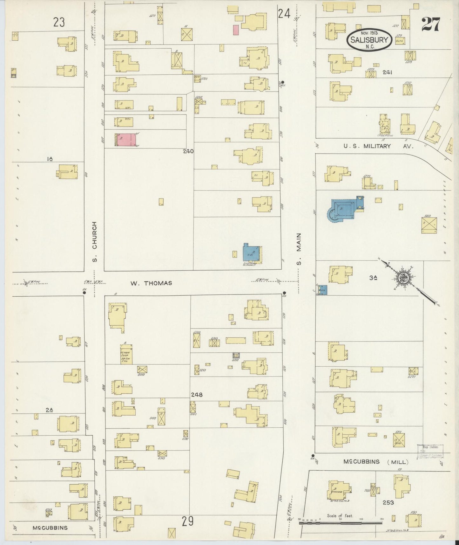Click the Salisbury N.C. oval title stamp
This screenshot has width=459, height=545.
pyautogui.click(x=369, y=40)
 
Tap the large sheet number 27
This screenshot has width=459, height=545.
pyautogui.click(x=430, y=24)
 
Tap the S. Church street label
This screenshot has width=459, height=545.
pyautogui.click(x=94, y=242)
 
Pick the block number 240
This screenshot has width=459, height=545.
pyautogui.click(x=188, y=151)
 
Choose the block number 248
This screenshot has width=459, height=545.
pyautogui.click(x=197, y=395)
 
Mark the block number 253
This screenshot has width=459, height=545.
pyautogui.click(x=388, y=503)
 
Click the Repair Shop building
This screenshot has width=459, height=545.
pyautogui.click(x=126, y=355)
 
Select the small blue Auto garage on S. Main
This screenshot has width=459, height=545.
pyautogui.click(x=322, y=290)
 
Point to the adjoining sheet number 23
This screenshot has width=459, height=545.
pyautogui.click(x=59, y=23)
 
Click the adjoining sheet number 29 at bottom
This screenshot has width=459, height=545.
pyautogui.click(x=188, y=521)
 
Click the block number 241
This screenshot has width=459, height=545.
pyautogui.click(x=387, y=72)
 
